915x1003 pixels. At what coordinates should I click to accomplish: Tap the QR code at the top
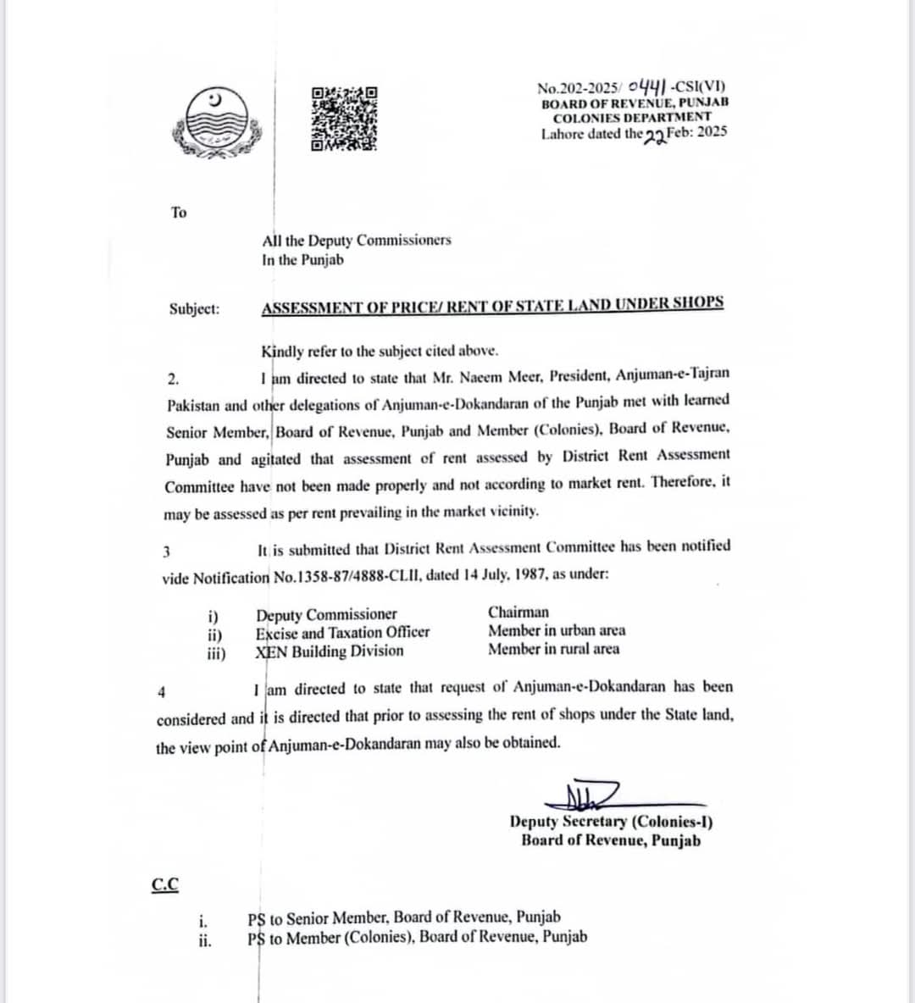(343, 119)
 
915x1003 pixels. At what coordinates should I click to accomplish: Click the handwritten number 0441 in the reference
(646, 86)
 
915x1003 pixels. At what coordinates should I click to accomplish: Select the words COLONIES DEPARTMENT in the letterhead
(632, 117)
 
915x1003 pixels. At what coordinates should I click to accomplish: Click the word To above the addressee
(178, 213)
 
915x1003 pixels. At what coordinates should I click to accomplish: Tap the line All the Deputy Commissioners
(357, 241)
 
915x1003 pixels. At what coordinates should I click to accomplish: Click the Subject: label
(194, 308)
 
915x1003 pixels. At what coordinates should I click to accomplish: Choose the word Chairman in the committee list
(518, 612)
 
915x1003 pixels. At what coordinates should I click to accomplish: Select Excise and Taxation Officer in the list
(342, 632)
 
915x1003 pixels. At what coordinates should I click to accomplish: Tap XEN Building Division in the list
(330, 651)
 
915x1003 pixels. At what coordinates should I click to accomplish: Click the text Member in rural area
(553, 649)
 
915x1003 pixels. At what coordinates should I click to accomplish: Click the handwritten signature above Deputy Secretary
(585, 794)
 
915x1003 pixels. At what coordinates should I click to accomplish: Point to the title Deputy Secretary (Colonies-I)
(611, 821)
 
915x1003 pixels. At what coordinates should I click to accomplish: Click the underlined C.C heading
(165, 884)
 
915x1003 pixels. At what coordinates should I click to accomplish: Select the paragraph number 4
(162, 692)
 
